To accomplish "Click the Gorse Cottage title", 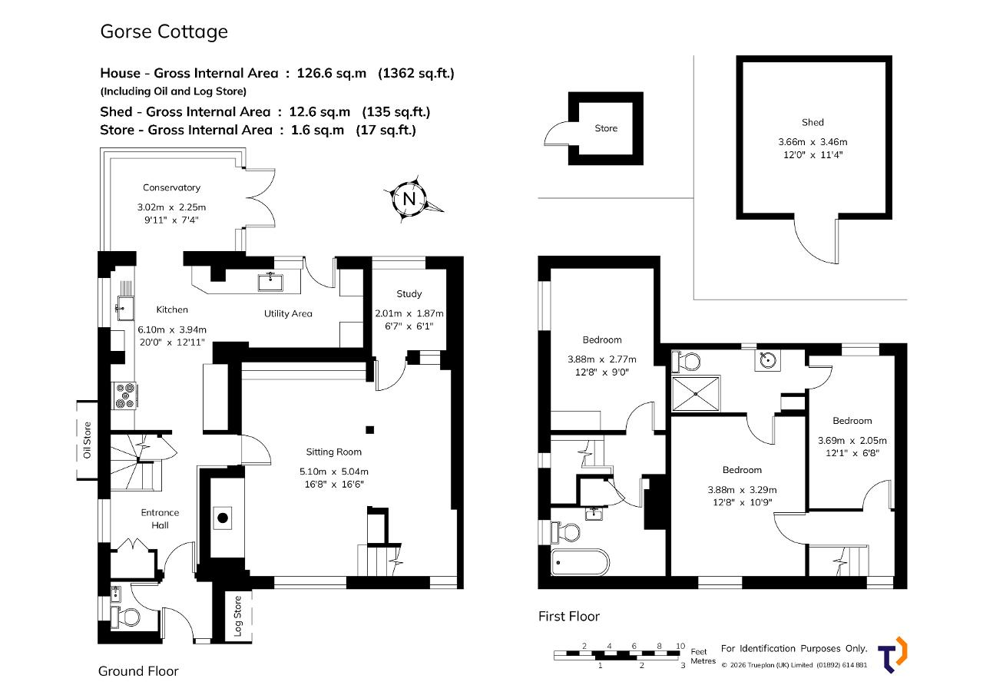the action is (164, 31).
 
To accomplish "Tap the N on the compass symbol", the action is (409, 199).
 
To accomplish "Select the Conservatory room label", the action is (171, 188).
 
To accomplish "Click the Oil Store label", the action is (87, 440).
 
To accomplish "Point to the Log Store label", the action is (237, 616).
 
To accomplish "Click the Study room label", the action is (409, 294).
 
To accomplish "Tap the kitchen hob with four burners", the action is (124, 395).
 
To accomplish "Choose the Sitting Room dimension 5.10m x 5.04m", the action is (334, 472).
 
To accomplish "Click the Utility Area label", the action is (288, 314).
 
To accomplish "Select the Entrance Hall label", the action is (160, 518).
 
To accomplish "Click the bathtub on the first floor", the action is (580, 562).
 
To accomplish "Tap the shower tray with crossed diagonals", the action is (696, 393).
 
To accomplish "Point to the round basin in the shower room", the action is (768, 360).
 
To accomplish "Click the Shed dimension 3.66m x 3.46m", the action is (813, 142).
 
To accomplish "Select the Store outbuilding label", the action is (606, 128).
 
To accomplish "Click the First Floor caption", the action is (569, 617).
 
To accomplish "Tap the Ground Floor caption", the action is (138, 671).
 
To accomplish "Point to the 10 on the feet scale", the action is (680, 646).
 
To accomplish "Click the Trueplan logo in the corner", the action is (892, 654).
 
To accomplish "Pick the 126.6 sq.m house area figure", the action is (331, 73).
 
